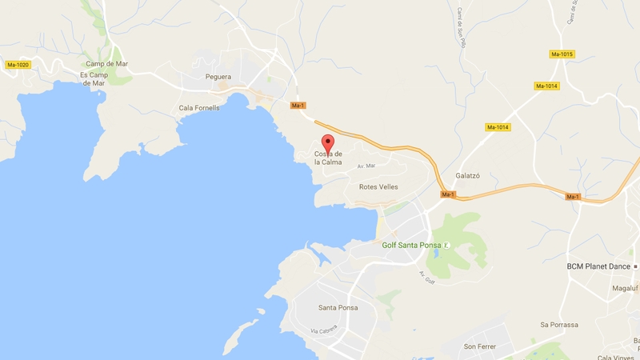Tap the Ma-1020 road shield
(x=17, y=64)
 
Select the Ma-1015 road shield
(x=562, y=54)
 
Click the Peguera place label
(x=218, y=78)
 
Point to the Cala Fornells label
(x=199, y=108)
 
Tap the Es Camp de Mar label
(x=93, y=78)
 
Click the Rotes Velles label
(x=378, y=186)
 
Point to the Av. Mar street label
(x=366, y=166)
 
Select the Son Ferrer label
(x=481, y=346)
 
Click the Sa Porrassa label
(x=559, y=325)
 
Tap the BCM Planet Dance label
(x=598, y=266)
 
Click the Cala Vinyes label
(x=616, y=357)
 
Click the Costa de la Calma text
(x=328, y=158)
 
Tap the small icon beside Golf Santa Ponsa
(x=447, y=244)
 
